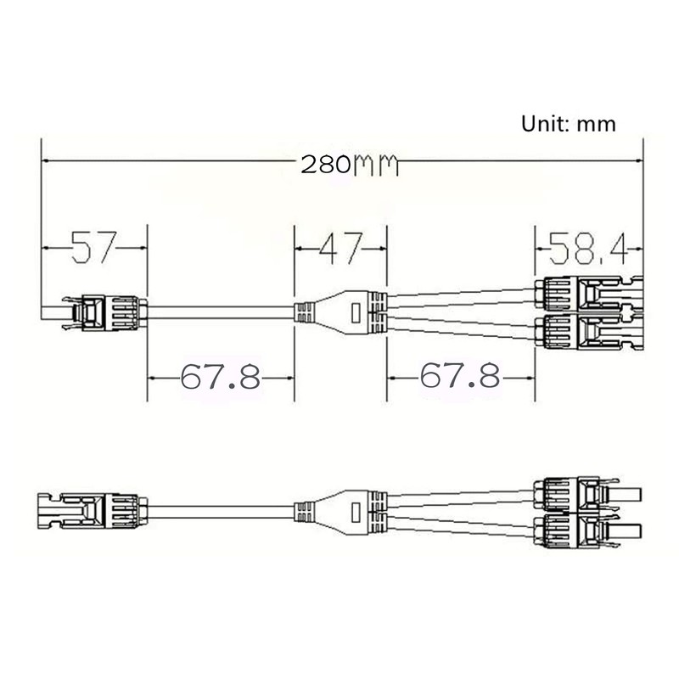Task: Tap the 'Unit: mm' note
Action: (x=568, y=124)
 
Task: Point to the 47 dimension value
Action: (x=340, y=248)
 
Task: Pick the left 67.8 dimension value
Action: (x=220, y=376)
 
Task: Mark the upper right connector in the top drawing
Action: (x=586, y=294)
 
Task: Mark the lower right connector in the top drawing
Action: (x=586, y=330)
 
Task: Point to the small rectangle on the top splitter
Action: (x=357, y=312)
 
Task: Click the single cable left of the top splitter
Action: (x=221, y=311)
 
